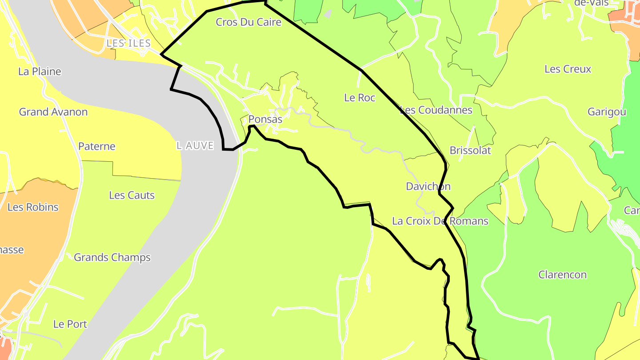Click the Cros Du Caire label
[248, 22]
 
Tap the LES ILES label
[128, 43]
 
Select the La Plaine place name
[40, 72]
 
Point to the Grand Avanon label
[53, 112]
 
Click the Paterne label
[96, 146]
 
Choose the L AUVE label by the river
[195, 146]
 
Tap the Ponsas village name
[265, 120]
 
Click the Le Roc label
[360, 98]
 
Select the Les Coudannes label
[436, 110]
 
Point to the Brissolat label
[470, 150]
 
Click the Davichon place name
[428, 187]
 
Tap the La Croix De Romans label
[440, 221]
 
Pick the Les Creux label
[568, 69]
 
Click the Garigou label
[607, 112]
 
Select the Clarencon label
[562, 275]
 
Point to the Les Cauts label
[132, 195]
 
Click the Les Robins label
[33, 207]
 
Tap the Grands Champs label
[112, 257]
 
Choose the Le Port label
[70, 324]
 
